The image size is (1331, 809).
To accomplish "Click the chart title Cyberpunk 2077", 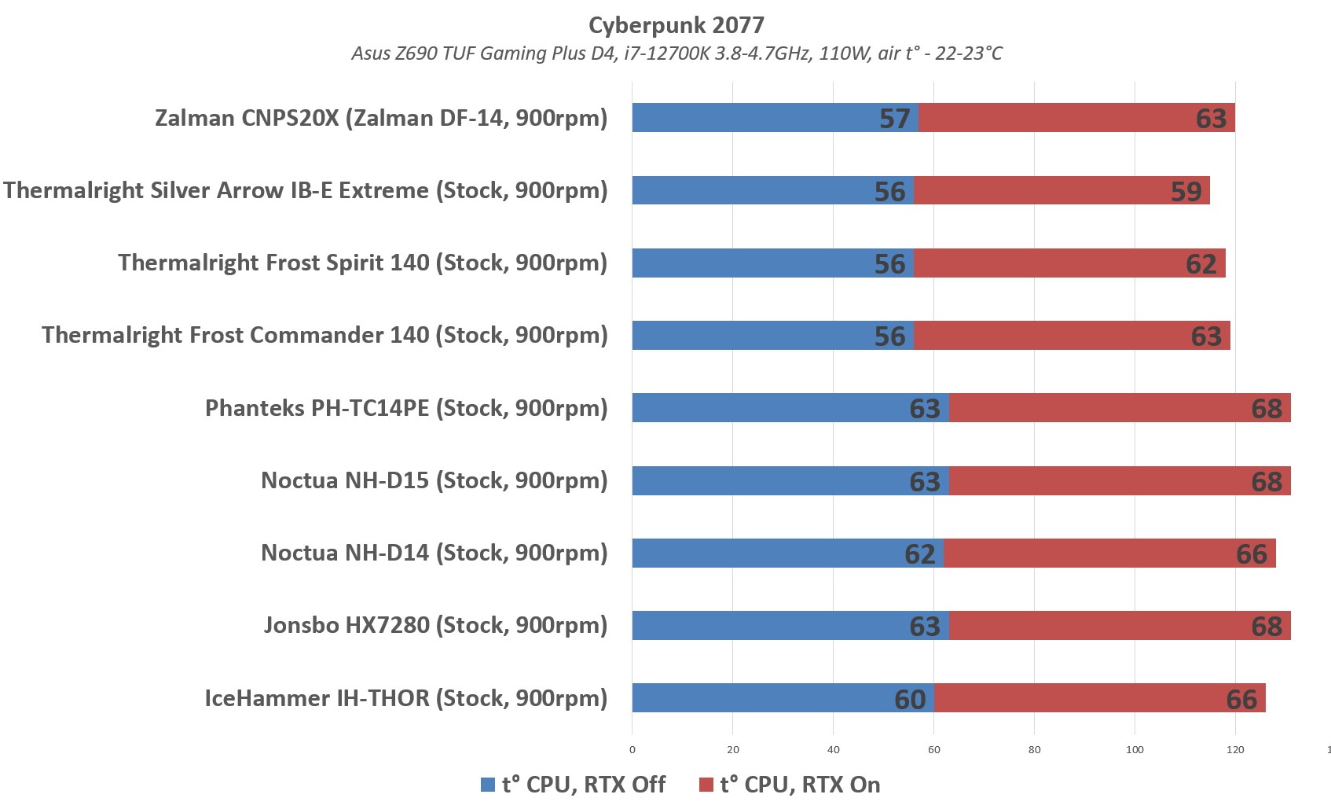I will click(x=676, y=25).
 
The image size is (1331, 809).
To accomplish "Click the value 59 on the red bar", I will click(x=1186, y=191).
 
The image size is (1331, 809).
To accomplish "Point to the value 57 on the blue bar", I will click(x=894, y=119).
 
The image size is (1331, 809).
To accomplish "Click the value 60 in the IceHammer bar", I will click(x=910, y=699).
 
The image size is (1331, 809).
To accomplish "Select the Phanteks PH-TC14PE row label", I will click(x=406, y=408).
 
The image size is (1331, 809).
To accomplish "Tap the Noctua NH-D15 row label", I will click(x=434, y=480).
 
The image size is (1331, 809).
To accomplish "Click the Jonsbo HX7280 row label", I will click(x=435, y=625).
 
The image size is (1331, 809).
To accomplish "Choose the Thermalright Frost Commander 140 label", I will click(x=324, y=335).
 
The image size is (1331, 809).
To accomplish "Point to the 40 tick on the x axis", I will click(x=833, y=749).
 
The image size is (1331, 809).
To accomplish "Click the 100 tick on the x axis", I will click(x=1135, y=749).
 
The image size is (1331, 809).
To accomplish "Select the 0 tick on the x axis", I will click(x=632, y=749).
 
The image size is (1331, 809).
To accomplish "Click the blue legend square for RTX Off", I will click(x=488, y=785).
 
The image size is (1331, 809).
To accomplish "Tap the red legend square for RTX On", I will click(x=706, y=785).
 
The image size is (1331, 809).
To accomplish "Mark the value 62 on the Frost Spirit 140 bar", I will click(x=1201, y=263).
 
